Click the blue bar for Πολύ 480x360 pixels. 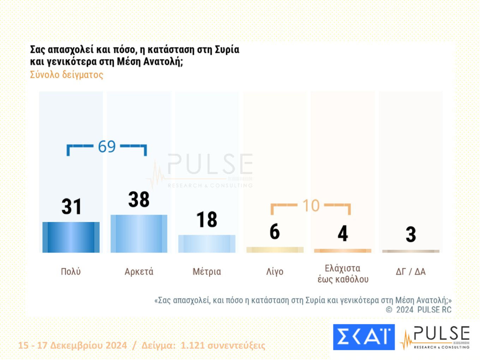click(x=71, y=237)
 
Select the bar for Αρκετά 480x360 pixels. click(x=139, y=234)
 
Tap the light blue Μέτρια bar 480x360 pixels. click(x=207, y=244)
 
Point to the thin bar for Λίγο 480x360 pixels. click(x=275, y=250)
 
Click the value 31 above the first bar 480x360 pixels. click(x=71, y=206)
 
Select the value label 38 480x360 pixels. click(x=139, y=199)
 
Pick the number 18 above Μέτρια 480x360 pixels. click(x=207, y=220)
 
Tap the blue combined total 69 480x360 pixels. click(x=107, y=146)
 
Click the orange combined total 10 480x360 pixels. click(x=311, y=206)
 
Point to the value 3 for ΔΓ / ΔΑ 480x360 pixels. click(x=411, y=235)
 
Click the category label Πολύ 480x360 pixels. click(x=71, y=271)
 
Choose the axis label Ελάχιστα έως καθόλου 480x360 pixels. click(x=343, y=274)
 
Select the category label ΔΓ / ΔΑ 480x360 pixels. click(x=411, y=271)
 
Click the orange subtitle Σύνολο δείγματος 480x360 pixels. click(x=67, y=75)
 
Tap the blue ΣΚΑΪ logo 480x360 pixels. click(x=364, y=337)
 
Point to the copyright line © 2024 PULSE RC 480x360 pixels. click(x=419, y=310)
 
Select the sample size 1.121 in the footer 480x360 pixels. click(x=192, y=345)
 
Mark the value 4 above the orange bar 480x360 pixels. click(x=343, y=234)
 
